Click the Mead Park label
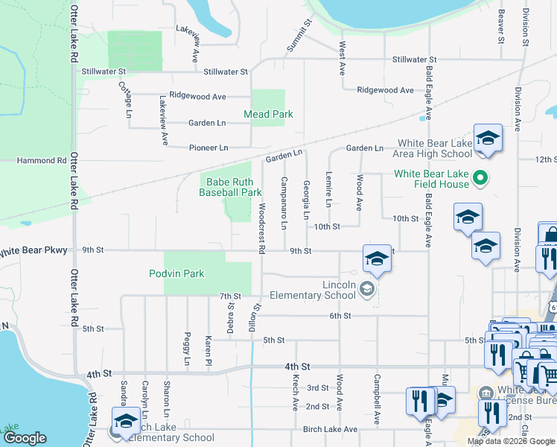tap(268, 114)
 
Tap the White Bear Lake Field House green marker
tap(480, 177)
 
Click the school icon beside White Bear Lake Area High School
tap(488, 139)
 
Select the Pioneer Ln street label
tap(208, 148)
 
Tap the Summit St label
tap(298, 34)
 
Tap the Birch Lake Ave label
tap(330, 429)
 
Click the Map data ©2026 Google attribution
tap(511, 441)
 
